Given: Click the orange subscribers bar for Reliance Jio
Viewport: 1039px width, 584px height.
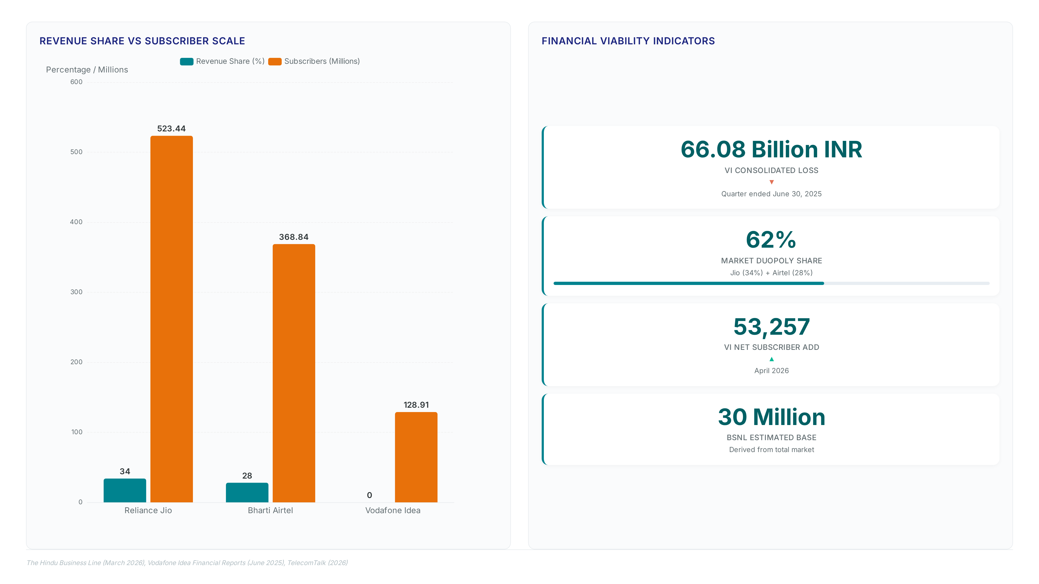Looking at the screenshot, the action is pos(172,319).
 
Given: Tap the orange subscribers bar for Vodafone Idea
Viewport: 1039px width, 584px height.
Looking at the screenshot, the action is pos(416,457).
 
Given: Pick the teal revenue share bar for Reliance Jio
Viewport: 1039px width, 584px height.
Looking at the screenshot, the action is pos(125,490).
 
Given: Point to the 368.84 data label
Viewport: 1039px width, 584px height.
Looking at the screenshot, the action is pos(294,237).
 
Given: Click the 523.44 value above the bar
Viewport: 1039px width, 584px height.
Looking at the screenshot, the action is pos(172,129).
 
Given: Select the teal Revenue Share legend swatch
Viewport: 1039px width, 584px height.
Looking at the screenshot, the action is pos(186,61).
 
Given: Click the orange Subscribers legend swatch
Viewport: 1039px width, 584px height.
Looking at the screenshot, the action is pos(275,61).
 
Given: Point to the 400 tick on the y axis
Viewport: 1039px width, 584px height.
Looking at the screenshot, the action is pos(76,222).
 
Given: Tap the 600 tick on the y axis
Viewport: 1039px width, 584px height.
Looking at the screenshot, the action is pos(76,82).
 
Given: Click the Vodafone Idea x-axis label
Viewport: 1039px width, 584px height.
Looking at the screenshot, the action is pos(392,510).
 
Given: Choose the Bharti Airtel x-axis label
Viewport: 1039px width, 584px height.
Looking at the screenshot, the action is pos(270,510).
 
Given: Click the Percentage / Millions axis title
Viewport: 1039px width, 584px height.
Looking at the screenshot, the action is pos(87,70).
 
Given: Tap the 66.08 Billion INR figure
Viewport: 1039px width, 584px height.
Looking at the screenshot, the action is pos(771,149).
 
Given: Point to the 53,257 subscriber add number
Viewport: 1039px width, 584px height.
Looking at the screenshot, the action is pos(771,326).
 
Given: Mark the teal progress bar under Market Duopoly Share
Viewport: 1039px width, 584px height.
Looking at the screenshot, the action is pos(689,283).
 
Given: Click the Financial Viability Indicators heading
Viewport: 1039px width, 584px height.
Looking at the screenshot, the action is pos(628,41).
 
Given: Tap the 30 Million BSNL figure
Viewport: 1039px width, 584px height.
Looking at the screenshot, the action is pos(771,417).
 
